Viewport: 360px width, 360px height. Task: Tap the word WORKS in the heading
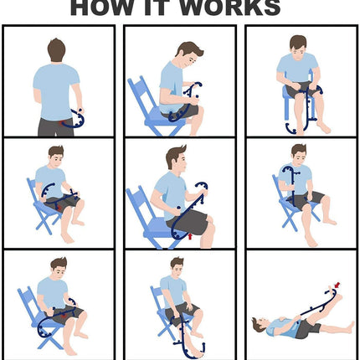(x=229, y=8)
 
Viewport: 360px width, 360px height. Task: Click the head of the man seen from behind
(x=57, y=50)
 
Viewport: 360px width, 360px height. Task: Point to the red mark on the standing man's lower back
(x=62, y=123)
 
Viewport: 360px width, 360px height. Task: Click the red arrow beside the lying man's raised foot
(x=337, y=285)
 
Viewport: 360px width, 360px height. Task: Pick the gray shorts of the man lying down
(x=307, y=329)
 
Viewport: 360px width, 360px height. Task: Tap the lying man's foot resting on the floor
(x=350, y=327)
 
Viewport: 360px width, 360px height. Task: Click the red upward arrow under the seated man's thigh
(x=190, y=237)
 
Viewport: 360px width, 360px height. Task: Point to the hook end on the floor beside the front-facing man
(x=291, y=129)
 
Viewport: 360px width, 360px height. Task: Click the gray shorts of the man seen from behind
(x=57, y=127)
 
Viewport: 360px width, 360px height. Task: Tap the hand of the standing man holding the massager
(x=80, y=111)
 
